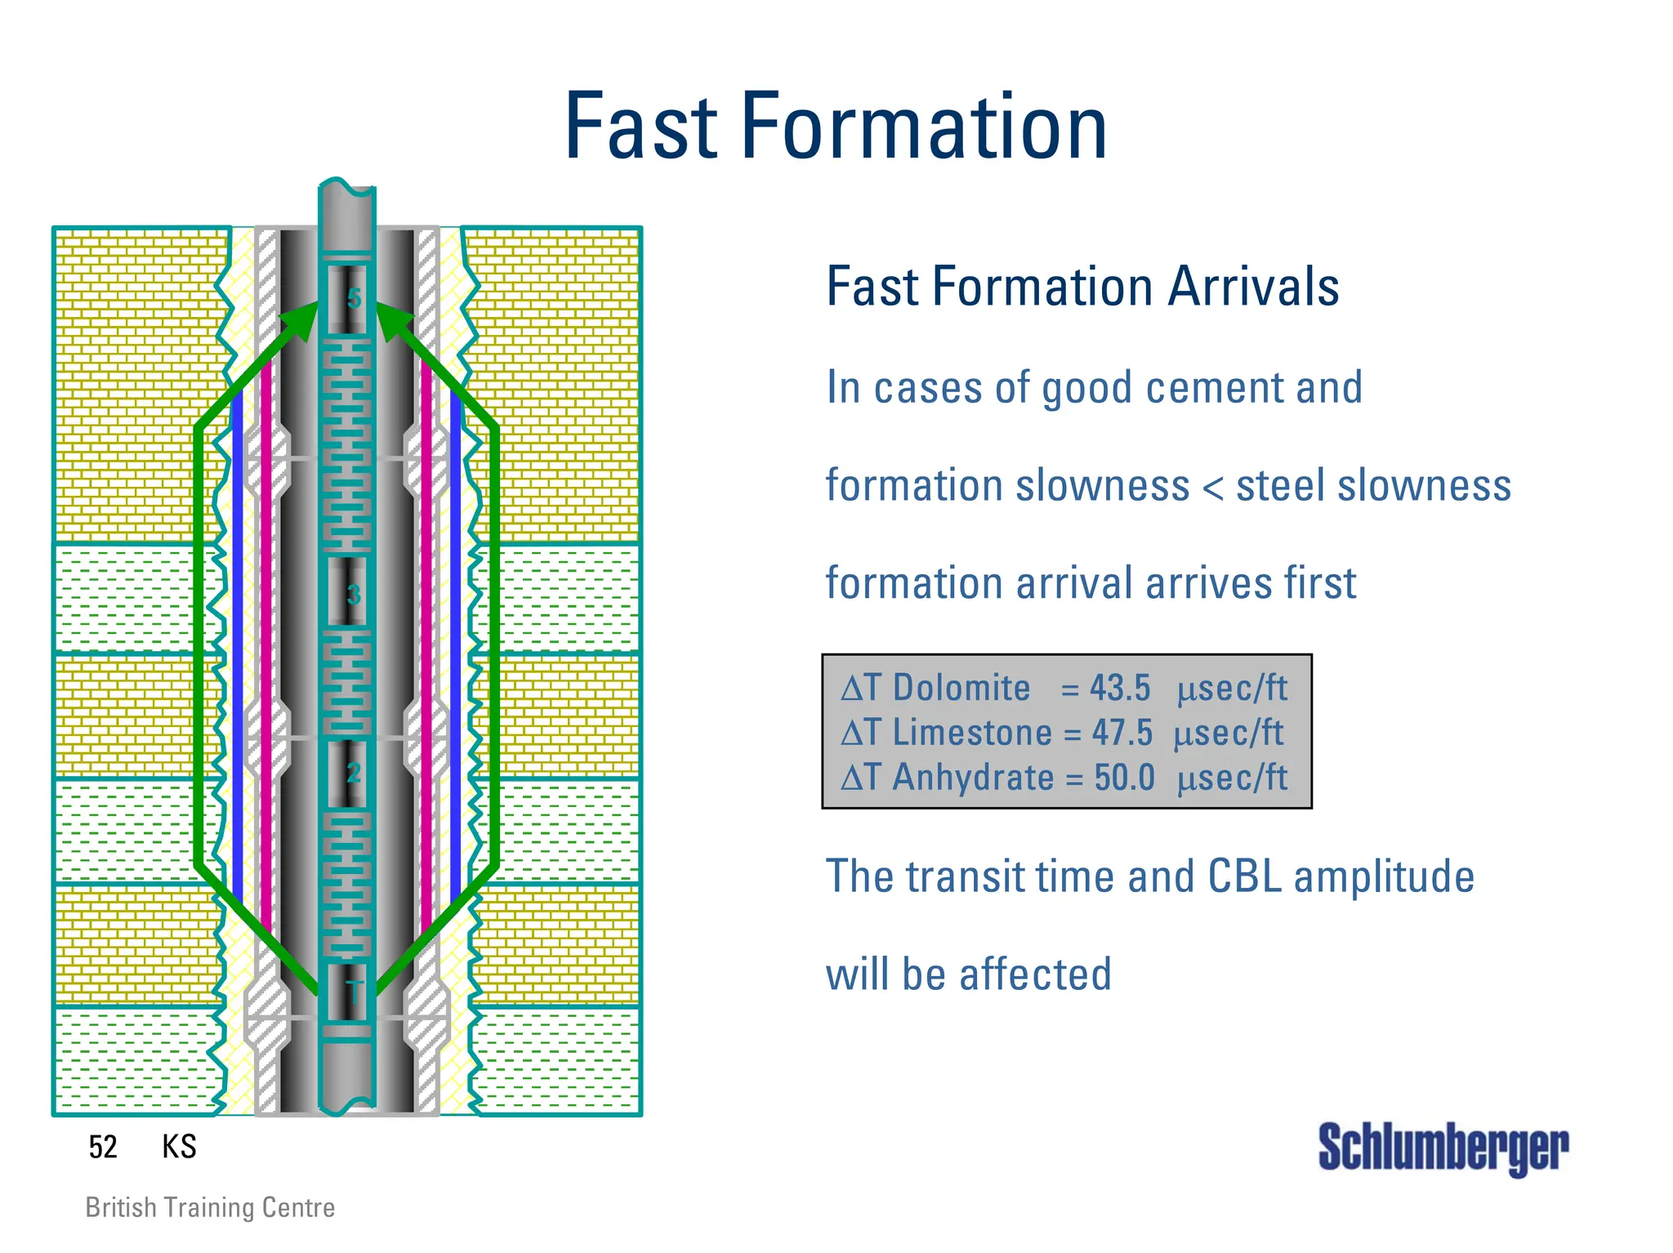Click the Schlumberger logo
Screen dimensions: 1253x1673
point(1443,1148)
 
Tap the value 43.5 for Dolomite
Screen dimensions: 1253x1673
point(1120,688)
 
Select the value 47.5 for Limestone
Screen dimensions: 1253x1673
point(1122,733)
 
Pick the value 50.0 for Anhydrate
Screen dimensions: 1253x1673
point(1124,777)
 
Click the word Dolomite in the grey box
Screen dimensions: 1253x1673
point(961,688)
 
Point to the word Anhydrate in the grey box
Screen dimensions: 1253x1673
point(973,777)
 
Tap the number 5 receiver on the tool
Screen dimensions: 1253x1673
point(352,298)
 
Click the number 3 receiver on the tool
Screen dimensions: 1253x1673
point(352,594)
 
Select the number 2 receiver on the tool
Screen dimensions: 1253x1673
point(352,772)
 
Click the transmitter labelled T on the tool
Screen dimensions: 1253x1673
point(352,993)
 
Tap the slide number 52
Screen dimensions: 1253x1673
point(103,1147)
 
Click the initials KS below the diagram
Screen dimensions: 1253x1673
point(179,1147)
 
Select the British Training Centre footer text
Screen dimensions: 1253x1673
point(210,1207)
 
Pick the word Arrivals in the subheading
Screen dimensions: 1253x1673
point(1253,287)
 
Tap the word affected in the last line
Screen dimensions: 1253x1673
point(1035,974)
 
